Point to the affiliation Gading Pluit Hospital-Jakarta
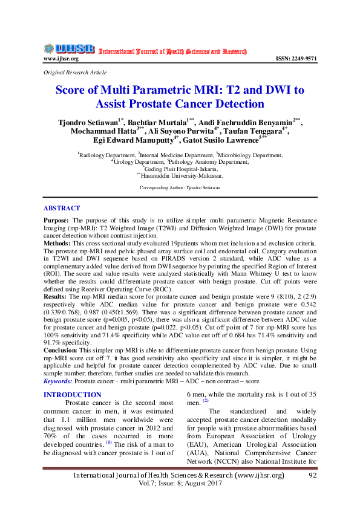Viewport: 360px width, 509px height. (180, 169)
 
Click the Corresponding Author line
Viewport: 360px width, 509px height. (180, 188)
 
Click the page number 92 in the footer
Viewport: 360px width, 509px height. (313, 476)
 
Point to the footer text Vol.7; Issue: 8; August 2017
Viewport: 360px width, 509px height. (179, 485)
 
